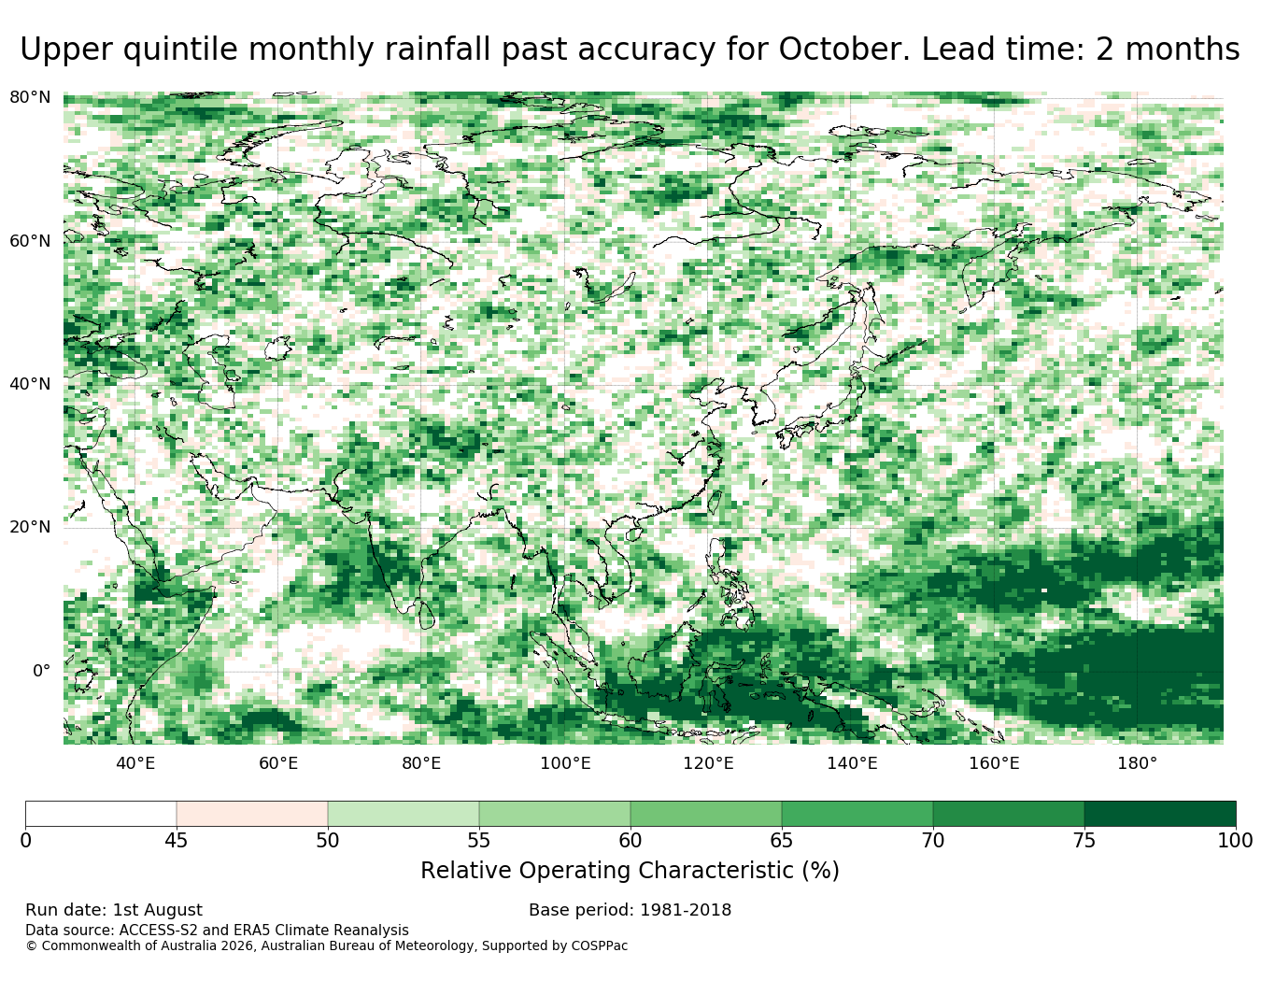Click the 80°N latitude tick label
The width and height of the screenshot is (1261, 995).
[x=30, y=97]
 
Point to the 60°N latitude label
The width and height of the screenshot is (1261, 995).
[x=30, y=240]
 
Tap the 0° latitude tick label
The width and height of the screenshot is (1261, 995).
[x=42, y=670]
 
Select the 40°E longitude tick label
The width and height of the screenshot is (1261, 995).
[x=135, y=763]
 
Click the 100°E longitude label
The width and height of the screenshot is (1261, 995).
[x=565, y=763]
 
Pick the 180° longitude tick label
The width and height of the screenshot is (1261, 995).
[x=1138, y=763]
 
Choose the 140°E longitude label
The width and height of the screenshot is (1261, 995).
[x=852, y=763]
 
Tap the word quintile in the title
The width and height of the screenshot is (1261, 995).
[x=180, y=50]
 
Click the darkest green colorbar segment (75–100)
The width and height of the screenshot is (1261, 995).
[x=1159, y=814]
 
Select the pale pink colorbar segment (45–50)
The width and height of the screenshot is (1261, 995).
[x=252, y=814]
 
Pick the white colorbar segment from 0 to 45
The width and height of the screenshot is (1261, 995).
[x=101, y=814]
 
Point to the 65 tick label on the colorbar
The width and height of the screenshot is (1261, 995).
[x=781, y=841]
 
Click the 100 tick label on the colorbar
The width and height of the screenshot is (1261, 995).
[x=1235, y=841]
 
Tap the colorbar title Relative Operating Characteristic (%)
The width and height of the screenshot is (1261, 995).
[x=630, y=871]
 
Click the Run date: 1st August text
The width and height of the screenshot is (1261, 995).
[x=114, y=910]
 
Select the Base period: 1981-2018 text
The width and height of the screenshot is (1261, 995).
[x=630, y=910]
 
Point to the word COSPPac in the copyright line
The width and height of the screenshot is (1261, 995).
[x=600, y=946]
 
